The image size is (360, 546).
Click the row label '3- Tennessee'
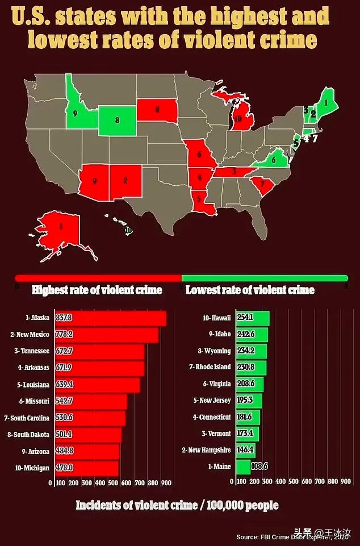pos(34,352)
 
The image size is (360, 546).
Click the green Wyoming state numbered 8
pos(117,120)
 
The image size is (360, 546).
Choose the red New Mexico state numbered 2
pos(125,181)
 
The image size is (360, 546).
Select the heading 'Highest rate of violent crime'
pos(97,290)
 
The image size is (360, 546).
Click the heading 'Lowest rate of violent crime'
pos(250,290)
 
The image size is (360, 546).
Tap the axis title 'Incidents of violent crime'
pos(177,505)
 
